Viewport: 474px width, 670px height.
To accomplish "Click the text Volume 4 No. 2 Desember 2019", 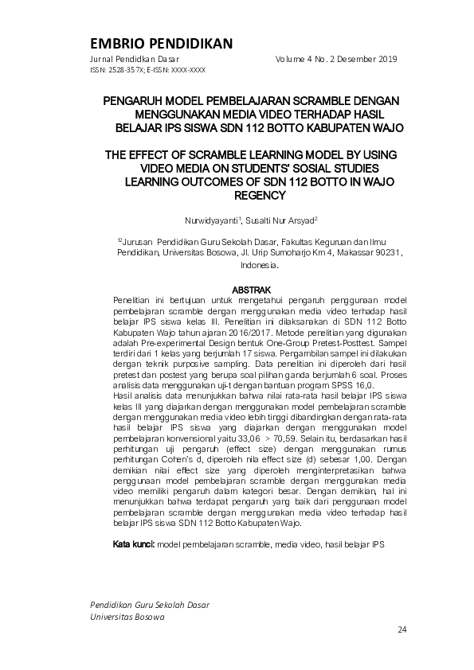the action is click(x=336, y=60).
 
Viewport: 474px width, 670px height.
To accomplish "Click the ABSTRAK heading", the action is click(x=251, y=289).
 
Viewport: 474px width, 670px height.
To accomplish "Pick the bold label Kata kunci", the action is click(x=133, y=544).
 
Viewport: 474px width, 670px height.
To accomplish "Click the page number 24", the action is click(x=402, y=630).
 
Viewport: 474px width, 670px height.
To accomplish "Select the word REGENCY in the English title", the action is click(x=260, y=195).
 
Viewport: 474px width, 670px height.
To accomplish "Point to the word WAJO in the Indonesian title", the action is click(x=386, y=127).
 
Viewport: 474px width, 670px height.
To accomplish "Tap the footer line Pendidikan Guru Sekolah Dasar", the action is click(x=150, y=605).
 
